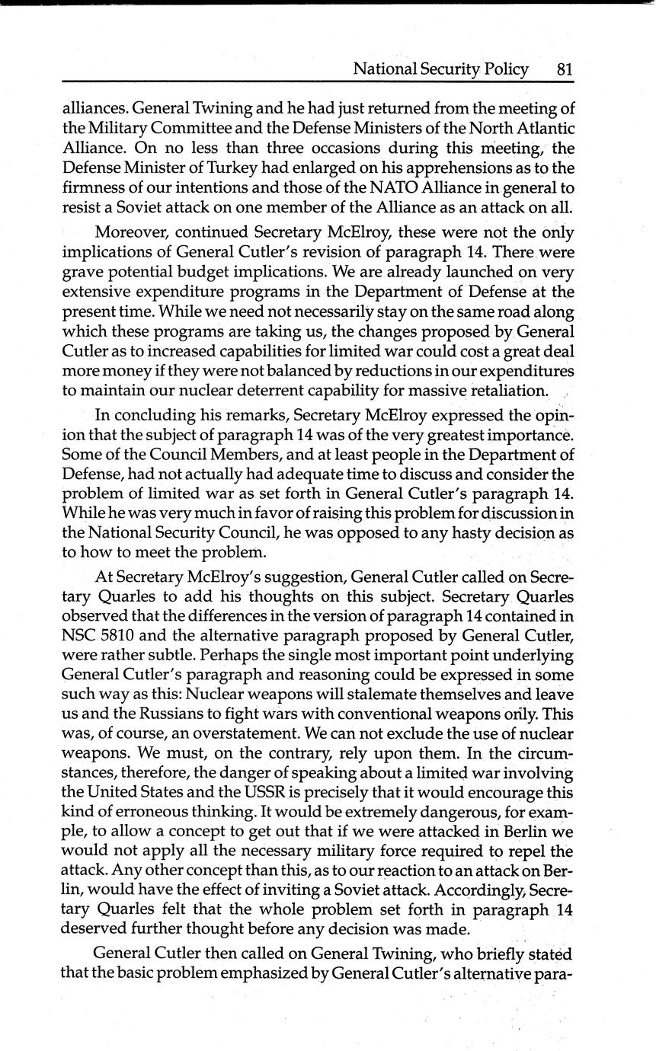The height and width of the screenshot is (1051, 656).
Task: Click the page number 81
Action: coord(565,69)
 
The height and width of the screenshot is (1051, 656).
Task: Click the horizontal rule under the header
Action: coord(318,81)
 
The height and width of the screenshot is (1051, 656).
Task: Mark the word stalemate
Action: coord(389,694)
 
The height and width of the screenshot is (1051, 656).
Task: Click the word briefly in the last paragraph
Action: coord(504,953)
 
